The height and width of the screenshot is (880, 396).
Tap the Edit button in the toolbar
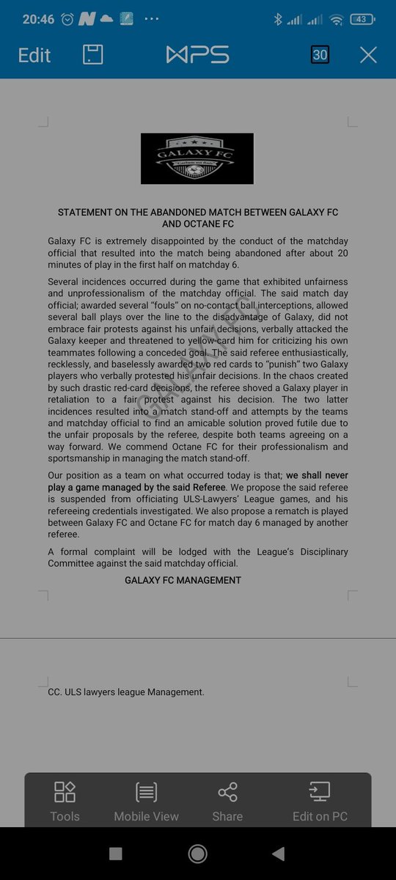pyautogui.click(x=34, y=55)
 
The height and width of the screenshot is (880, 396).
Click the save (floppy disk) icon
pyautogui.click(x=93, y=55)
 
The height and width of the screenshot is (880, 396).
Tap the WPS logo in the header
pyautogui.click(x=197, y=55)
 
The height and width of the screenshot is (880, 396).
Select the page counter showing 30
pyautogui.click(x=320, y=55)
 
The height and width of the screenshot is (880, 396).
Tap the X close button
pyautogui.click(x=368, y=55)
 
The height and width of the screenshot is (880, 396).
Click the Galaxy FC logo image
pyautogui.click(x=197, y=158)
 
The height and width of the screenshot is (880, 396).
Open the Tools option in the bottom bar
pyautogui.click(x=65, y=801)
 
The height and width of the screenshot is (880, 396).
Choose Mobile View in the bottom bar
pyautogui.click(x=146, y=801)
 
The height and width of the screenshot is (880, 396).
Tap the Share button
pyautogui.click(x=227, y=801)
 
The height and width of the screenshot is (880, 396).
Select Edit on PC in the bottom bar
pyautogui.click(x=320, y=801)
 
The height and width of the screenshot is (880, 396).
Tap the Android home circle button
pyautogui.click(x=197, y=854)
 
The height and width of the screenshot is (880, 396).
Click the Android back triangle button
pyautogui.click(x=278, y=854)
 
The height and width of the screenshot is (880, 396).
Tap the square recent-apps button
pyautogui.click(x=115, y=854)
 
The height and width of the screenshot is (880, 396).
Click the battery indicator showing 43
pyautogui.click(x=362, y=20)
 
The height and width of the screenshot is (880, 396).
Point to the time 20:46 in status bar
pyautogui.click(x=39, y=20)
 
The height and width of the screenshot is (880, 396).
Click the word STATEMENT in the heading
pyautogui.click(x=85, y=213)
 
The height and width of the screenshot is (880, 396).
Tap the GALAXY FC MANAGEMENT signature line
pyautogui.click(x=183, y=580)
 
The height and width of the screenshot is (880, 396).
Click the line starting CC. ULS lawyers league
pyautogui.click(x=126, y=692)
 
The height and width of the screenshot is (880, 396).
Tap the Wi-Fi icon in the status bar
pyautogui.click(x=337, y=20)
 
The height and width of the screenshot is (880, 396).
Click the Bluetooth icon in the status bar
pyautogui.click(x=278, y=20)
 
